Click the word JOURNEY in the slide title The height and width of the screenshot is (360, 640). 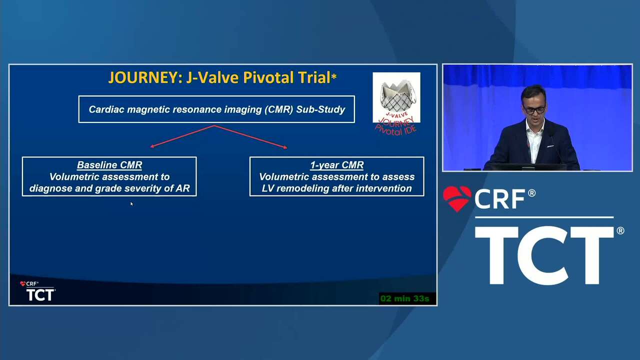(x=145, y=77)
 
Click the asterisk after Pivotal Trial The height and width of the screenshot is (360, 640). (x=334, y=77)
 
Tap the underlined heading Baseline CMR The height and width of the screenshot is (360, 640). (x=109, y=165)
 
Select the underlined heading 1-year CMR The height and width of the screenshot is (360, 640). (x=337, y=165)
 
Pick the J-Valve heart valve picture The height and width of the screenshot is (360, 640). (x=396, y=97)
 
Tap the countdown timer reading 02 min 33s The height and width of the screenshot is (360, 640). (x=405, y=298)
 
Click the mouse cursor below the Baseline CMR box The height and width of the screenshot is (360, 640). (x=131, y=204)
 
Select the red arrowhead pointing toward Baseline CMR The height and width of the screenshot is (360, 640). (x=152, y=146)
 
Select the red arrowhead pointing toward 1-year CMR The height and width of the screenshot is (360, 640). (x=285, y=147)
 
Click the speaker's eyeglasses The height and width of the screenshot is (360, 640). (x=534, y=110)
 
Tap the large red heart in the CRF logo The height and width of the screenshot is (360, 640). (x=457, y=198)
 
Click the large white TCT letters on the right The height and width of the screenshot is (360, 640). (x=544, y=255)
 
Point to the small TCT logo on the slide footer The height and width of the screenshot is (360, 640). (x=40, y=294)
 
